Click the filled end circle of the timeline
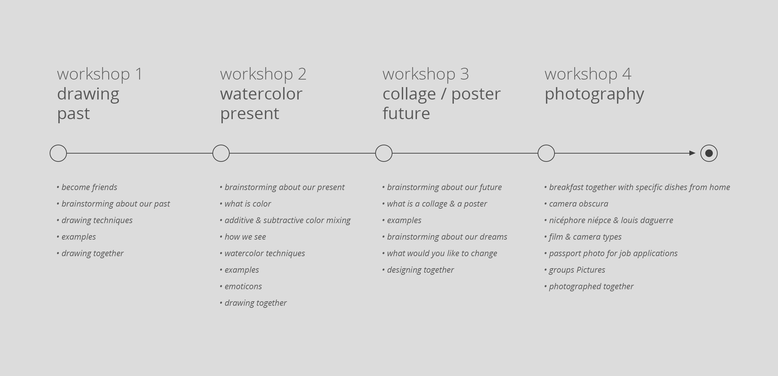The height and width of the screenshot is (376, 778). point(709,153)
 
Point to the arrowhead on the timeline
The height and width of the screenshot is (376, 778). point(692,153)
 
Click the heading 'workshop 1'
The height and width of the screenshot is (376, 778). point(100,74)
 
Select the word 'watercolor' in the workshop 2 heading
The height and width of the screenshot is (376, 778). point(261,94)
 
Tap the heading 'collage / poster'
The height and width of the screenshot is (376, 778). point(442,94)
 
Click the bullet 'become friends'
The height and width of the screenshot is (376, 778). point(87,187)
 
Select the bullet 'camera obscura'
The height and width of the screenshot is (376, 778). point(576,204)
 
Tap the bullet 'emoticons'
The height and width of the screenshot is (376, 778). point(241,286)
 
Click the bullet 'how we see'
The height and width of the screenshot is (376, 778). point(243,237)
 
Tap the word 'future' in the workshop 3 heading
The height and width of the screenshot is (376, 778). point(406,114)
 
